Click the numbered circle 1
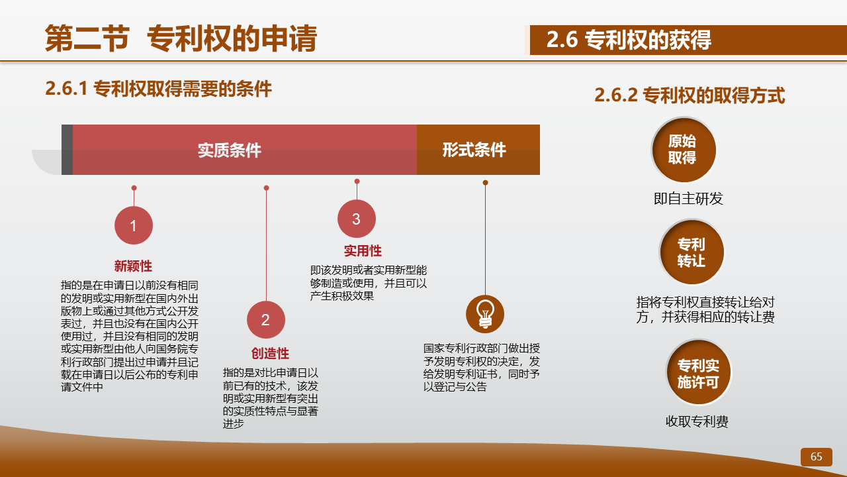click(x=134, y=225)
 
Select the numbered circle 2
click(x=266, y=320)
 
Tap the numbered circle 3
click(x=357, y=219)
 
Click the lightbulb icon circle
click(x=485, y=314)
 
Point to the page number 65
click(x=817, y=456)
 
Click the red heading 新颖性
click(x=133, y=266)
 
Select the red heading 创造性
click(x=270, y=353)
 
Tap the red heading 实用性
click(x=363, y=250)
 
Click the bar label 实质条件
click(x=230, y=150)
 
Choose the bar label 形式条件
click(x=474, y=150)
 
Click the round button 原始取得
click(x=684, y=150)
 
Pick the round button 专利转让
click(x=692, y=252)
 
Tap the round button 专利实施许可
click(x=698, y=372)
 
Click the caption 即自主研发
click(x=688, y=198)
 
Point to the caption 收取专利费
click(x=697, y=421)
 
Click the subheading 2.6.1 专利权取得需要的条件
click(x=158, y=89)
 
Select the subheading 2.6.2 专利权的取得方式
click(x=690, y=95)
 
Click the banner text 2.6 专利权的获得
click(x=629, y=40)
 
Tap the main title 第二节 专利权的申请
click(x=181, y=38)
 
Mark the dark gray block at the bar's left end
click(x=67, y=150)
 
